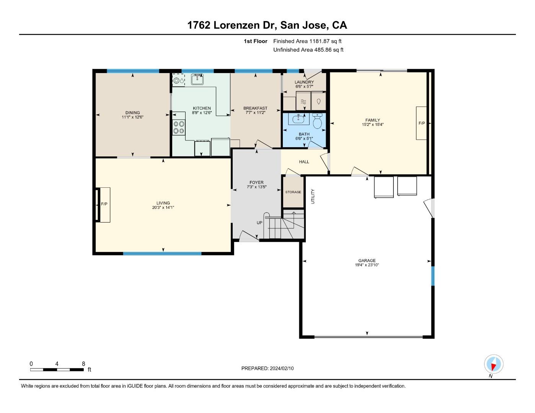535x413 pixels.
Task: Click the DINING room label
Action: coord(132,113)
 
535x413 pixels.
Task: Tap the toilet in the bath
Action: coord(318,121)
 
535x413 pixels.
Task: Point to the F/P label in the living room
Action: coord(104,204)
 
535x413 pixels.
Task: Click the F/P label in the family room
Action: coord(422,123)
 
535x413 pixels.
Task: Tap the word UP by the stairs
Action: coord(259,223)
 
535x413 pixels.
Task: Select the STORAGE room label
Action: coord(293,192)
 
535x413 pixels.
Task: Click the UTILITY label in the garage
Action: coord(313,196)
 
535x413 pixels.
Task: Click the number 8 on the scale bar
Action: coord(83,364)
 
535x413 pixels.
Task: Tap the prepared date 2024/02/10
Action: coord(282,368)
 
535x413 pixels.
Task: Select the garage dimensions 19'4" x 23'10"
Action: coord(367,265)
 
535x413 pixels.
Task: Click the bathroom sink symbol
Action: coord(299,119)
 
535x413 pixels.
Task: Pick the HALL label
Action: coord(304,162)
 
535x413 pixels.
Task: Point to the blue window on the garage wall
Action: coord(433,276)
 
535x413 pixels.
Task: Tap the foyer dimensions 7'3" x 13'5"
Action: coord(256,187)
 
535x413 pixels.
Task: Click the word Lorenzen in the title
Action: coord(237,25)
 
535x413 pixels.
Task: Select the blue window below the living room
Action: coord(162,254)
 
